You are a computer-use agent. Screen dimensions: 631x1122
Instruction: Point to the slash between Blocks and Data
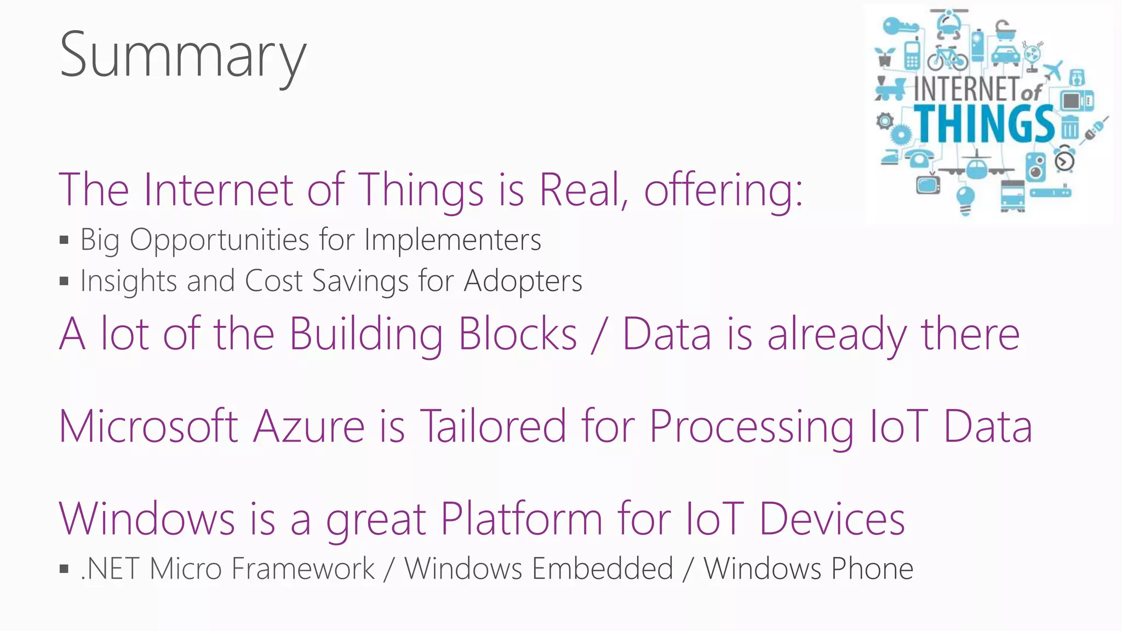tap(599, 334)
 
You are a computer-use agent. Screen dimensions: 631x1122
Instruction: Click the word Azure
tap(309, 426)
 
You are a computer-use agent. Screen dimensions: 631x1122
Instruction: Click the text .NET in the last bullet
tap(110, 569)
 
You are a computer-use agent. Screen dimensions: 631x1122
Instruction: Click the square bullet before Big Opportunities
tap(64, 240)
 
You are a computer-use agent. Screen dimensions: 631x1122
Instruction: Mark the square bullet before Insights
tap(64, 282)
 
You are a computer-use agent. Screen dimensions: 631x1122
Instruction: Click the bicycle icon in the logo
tap(947, 58)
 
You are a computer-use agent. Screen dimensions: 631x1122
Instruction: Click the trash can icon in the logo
tap(1070, 128)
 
